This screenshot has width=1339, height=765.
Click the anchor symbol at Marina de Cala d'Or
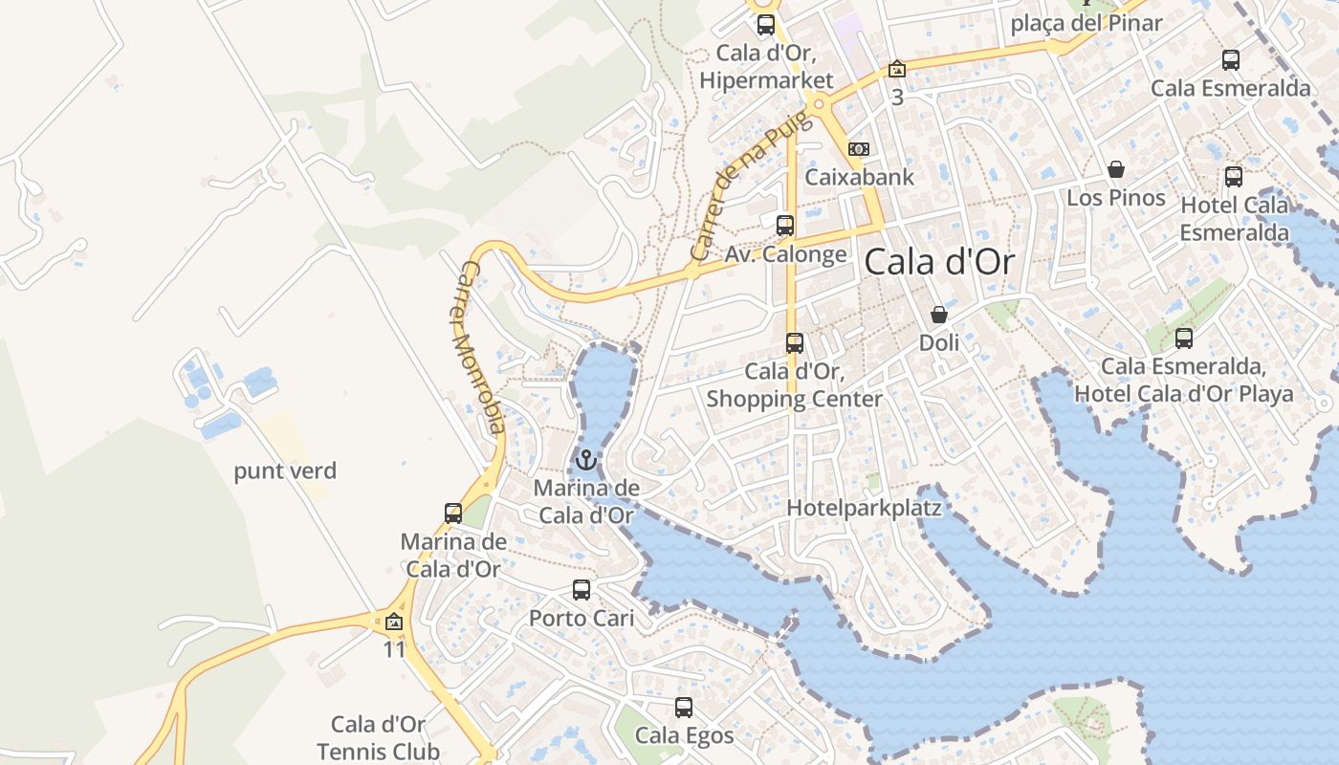(585, 461)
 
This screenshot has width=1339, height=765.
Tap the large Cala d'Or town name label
(938, 262)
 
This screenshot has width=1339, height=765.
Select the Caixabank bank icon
(859, 149)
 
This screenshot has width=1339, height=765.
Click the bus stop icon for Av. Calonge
(785, 226)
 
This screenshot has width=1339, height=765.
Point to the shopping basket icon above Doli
(939, 314)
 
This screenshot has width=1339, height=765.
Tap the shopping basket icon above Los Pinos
(1115, 169)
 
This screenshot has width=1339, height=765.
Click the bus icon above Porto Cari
(582, 590)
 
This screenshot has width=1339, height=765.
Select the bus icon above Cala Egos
(684, 708)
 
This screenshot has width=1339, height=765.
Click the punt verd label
(285, 470)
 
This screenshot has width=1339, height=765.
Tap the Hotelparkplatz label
(864, 509)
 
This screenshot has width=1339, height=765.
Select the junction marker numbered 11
(393, 623)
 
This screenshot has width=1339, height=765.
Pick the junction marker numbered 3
(896, 69)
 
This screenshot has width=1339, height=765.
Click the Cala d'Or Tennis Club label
(379, 738)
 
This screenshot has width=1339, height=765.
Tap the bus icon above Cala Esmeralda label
(1231, 60)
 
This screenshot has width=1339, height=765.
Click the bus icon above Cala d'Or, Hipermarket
(766, 25)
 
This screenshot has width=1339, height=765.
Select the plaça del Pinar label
(1087, 23)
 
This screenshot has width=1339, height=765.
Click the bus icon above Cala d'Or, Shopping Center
(795, 342)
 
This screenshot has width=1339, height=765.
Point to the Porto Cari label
(582, 618)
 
